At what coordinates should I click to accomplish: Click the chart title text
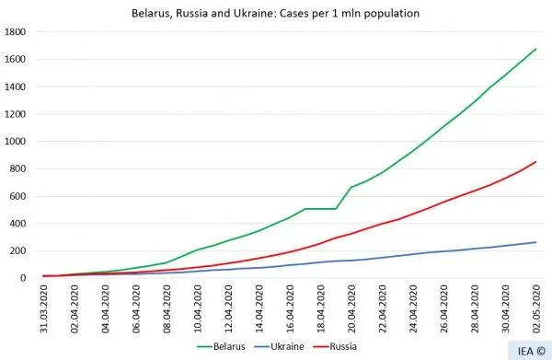point(276,13)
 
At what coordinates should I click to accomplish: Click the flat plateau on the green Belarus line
point(321,209)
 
